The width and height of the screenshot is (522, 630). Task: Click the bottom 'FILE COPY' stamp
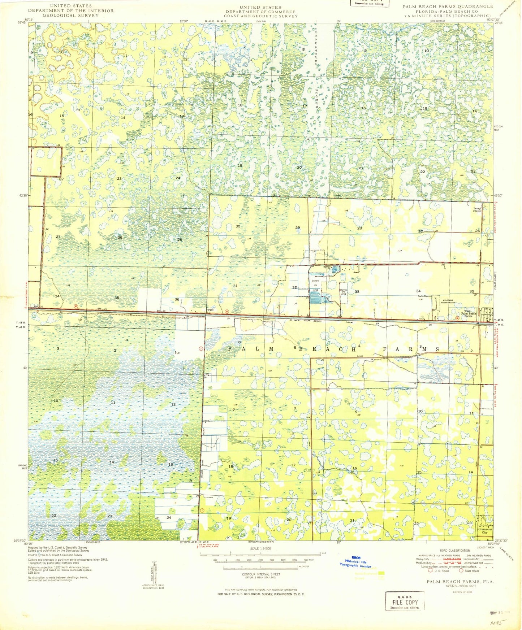(405, 602)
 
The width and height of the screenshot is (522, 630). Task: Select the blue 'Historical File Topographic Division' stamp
(356, 564)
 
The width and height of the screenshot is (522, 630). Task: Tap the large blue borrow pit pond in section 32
(318, 298)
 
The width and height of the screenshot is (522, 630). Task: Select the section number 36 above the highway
(177, 299)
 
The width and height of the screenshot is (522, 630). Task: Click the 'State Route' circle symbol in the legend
(461, 571)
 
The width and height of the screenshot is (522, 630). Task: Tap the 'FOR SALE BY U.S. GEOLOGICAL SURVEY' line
(260, 594)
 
